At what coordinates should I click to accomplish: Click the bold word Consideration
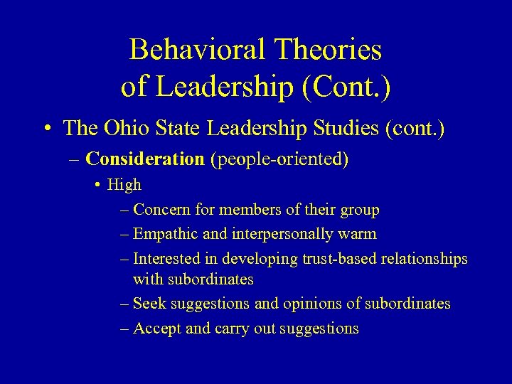click(x=144, y=159)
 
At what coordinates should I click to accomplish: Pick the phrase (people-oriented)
click(x=279, y=159)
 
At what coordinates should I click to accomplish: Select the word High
click(x=124, y=185)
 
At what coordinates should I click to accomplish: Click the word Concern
click(x=162, y=210)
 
